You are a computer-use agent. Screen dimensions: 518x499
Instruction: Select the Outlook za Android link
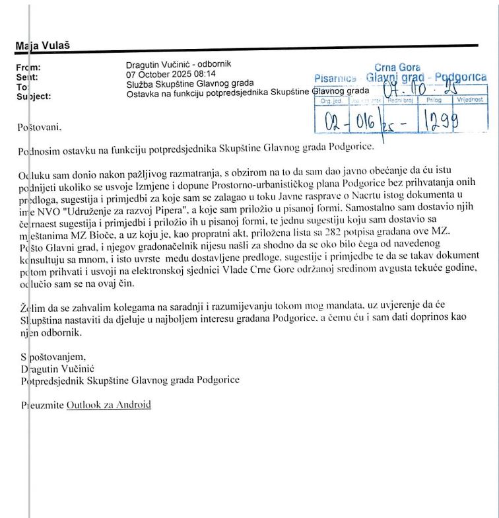(x=109, y=404)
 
